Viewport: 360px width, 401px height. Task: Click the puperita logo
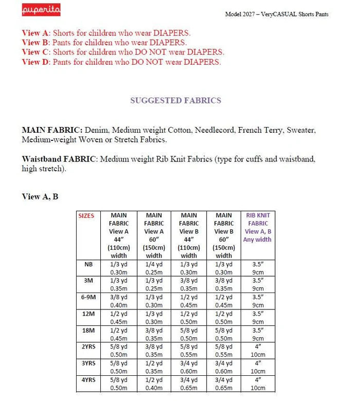point(41,10)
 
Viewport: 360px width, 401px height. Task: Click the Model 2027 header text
point(277,14)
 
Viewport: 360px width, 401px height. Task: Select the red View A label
point(37,33)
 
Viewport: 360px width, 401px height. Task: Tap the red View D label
point(37,62)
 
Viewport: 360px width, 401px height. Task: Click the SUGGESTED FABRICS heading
point(175,100)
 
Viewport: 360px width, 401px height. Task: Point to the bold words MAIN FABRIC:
point(52,130)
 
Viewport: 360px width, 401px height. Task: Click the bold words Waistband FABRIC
point(59,159)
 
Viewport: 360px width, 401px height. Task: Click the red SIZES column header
point(86,216)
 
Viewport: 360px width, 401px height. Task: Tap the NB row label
point(88,264)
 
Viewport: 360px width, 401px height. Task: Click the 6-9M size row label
point(88,297)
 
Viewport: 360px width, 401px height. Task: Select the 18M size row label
point(88,330)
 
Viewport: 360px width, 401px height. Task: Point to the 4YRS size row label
point(88,379)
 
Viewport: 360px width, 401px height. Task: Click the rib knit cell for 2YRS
point(258,351)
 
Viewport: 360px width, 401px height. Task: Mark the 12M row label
point(88,314)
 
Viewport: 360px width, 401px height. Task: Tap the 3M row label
point(88,281)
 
